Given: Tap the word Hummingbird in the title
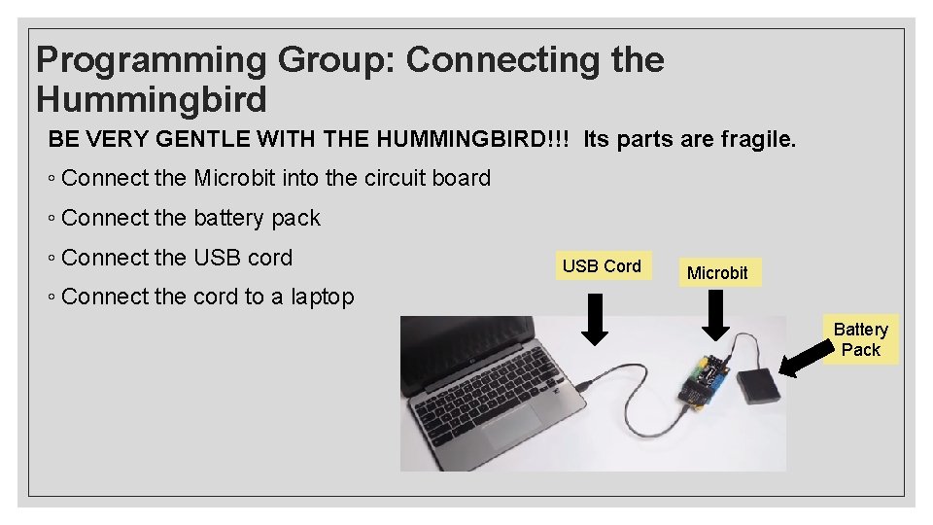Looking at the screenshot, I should [151, 99].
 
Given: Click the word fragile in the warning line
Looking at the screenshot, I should [758, 140].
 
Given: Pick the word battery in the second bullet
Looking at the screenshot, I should [229, 218].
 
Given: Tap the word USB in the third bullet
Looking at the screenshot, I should [216, 258].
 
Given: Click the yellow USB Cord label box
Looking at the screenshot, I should [602, 265].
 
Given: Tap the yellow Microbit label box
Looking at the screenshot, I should [717, 272].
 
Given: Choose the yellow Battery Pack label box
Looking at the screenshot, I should [860, 339].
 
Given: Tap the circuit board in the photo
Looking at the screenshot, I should [707, 379].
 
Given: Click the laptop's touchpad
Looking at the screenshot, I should [515, 429].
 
